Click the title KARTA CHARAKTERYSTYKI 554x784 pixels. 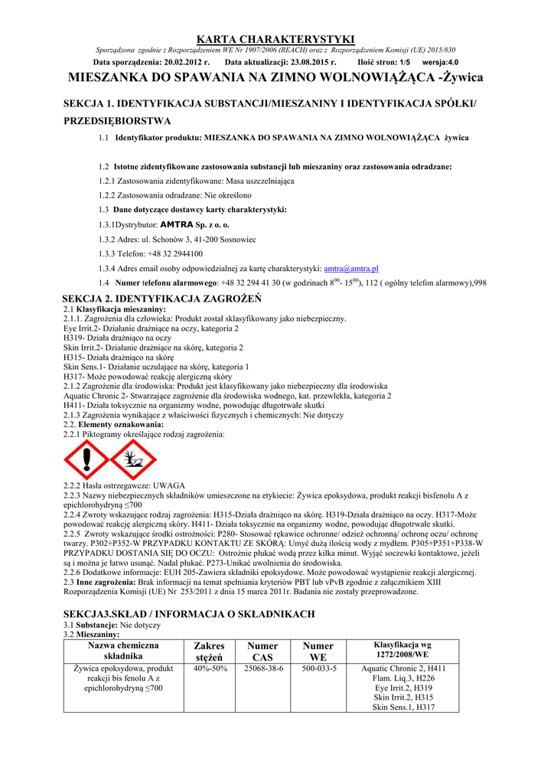[x=276, y=38]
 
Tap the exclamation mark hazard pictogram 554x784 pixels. [x=86, y=461]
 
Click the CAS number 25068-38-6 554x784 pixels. [x=263, y=668]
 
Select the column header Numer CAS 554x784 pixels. [x=263, y=652]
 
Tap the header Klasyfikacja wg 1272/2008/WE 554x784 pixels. [x=402, y=651]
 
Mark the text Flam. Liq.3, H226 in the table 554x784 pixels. [x=403, y=678]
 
